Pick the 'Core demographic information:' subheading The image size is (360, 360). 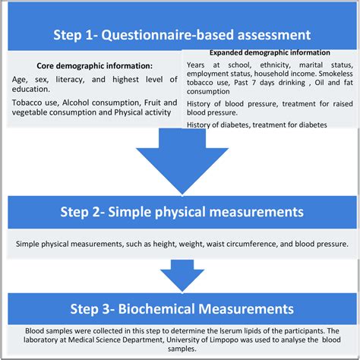click(x=94, y=65)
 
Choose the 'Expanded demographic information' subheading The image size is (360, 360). click(x=270, y=52)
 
